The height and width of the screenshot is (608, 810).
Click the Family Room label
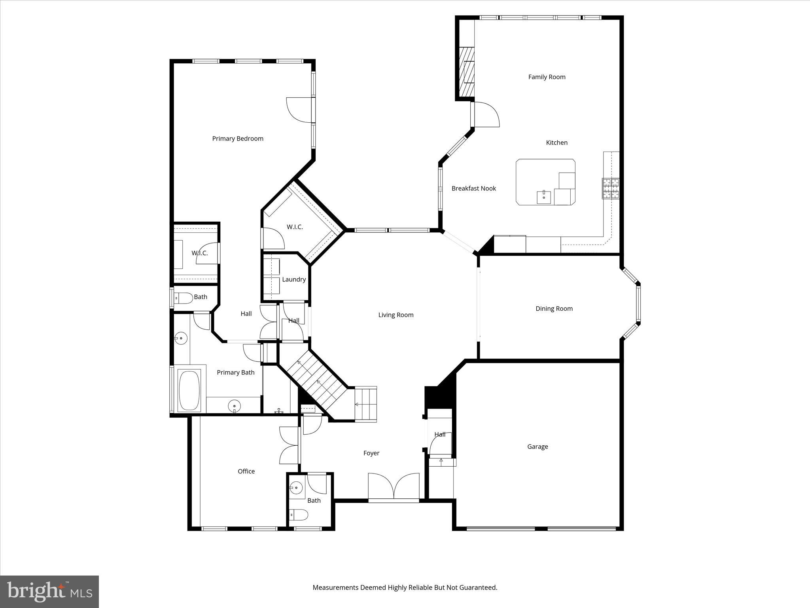tap(547, 77)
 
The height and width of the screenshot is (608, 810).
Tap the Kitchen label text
tap(556, 142)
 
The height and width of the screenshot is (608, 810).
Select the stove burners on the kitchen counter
tap(611, 188)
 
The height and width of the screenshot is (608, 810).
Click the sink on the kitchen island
tap(544, 197)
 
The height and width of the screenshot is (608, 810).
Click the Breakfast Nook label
tap(473, 188)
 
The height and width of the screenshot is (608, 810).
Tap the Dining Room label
tap(554, 309)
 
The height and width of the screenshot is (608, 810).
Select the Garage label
tap(537, 446)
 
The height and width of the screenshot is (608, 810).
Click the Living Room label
tap(396, 315)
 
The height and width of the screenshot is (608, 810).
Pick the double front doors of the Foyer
tap(394, 487)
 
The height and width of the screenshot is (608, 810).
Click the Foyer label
tap(371, 453)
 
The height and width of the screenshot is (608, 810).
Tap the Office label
tap(246, 471)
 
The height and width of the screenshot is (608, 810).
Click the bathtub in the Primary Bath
tap(189, 391)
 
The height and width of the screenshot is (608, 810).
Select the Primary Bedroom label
tap(237, 139)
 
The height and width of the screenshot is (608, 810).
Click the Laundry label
tap(293, 279)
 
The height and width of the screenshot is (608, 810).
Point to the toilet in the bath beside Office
tap(299, 515)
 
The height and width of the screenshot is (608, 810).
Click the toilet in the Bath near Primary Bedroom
tap(184, 297)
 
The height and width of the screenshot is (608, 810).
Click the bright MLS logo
tap(49, 592)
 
